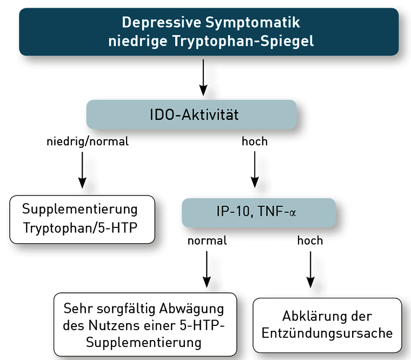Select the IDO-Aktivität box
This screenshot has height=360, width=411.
(x=191, y=115)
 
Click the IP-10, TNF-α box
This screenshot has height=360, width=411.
(x=258, y=212)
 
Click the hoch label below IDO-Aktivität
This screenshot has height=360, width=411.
(x=255, y=142)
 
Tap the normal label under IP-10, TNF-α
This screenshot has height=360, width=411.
(x=207, y=240)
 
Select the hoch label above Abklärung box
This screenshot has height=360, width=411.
(x=310, y=240)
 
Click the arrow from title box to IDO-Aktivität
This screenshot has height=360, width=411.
(x=203, y=76)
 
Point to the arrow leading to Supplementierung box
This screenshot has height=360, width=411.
(x=82, y=169)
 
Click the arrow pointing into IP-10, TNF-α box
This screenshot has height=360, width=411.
(x=255, y=169)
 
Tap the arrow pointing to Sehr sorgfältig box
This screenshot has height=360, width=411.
(x=207, y=267)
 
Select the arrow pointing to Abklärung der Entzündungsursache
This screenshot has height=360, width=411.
(x=310, y=267)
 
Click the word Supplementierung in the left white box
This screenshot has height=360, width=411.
(x=80, y=209)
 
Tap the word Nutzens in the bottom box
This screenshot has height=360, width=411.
(x=109, y=326)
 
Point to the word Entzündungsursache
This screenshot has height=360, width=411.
(x=327, y=333)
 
